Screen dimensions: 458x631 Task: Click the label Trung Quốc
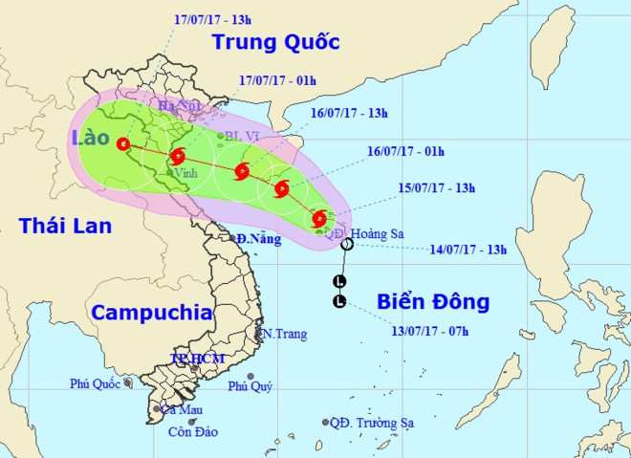coord(276,42)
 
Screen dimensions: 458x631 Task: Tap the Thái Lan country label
coord(65,227)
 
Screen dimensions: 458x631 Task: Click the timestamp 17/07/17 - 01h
coord(278,81)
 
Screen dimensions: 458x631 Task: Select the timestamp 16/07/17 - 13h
coord(350,113)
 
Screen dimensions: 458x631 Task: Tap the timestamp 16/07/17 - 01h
coord(406,150)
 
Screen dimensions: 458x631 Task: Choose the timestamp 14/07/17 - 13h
coord(468,251)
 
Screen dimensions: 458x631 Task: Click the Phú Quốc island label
coord(94,383)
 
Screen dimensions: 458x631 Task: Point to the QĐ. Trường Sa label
coord(366,423)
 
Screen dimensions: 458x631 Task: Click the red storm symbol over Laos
coord(122,144)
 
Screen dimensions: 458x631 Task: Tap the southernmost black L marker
coord(338,302)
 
